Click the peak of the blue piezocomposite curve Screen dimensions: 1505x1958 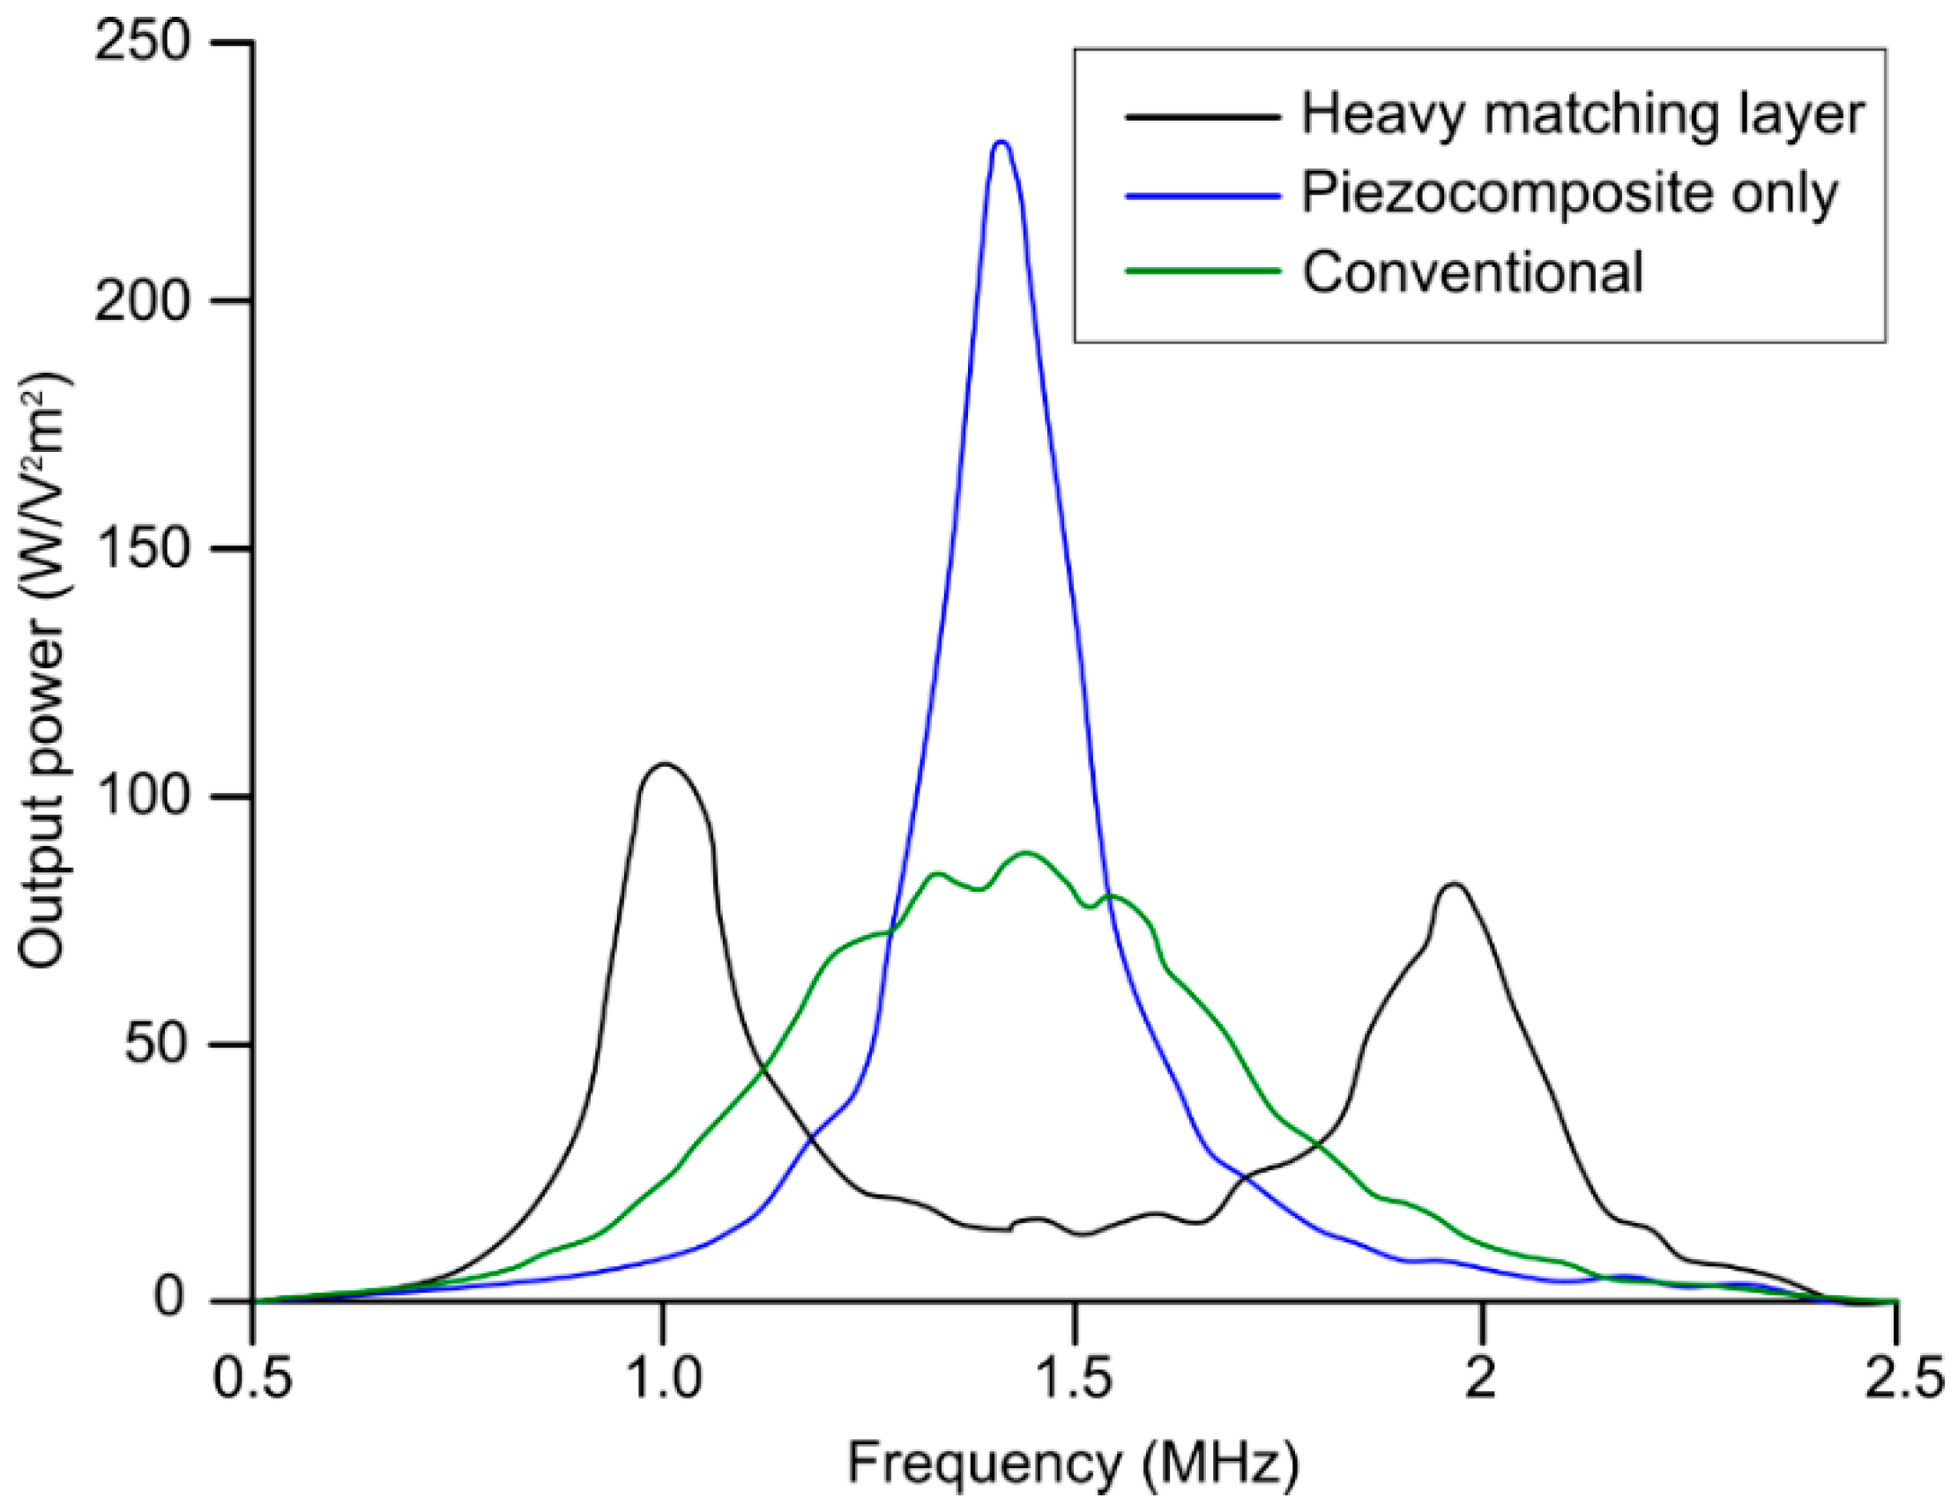(x=1001, y=143)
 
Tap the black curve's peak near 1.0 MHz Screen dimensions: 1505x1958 (x=664, y=764)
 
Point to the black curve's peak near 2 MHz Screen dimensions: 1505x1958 (x=1453, y=884)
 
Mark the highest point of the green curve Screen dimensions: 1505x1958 (x=1027, y=853)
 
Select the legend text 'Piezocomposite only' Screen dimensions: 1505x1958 (x=1569, y=193)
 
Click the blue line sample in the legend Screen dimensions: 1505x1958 (x=1202, y=194)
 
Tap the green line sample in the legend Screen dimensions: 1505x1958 (x=1202, y=271)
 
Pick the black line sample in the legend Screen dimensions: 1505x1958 (x=1202, y=116)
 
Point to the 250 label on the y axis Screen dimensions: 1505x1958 (x=147, y=43)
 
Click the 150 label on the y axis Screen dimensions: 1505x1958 (x=147, y=548)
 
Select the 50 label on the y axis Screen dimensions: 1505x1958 (x=161, y=1044)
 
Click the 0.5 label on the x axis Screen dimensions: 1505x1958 (x=252, y=1380)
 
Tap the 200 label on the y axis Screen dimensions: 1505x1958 (x=147, y=301)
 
